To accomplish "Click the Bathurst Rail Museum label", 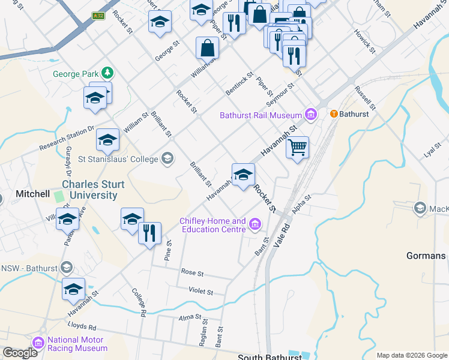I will [x=261, y=115].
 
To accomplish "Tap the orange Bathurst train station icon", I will [x=334, y=113].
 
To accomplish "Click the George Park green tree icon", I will [x=107, y=73].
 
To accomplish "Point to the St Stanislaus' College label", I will [x=118, y=159].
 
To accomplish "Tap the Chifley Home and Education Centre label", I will [x=213, y=225].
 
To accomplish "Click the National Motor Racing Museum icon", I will [x=39, y=343].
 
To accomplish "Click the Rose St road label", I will [x=193, y=273].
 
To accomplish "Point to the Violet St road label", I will [x=201, y=292].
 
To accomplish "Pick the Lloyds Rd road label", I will [x=84, y=328].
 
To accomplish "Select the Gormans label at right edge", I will [x=426, y=256].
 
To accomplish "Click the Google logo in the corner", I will [x=19, y=353].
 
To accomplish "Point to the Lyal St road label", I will [x=432, y=150].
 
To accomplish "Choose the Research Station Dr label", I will [x=67, y=139].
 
